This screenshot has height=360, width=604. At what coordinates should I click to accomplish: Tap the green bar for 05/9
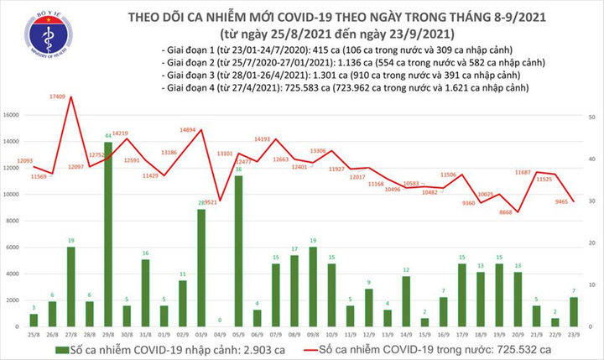pyautogui.click(x=238, y=252)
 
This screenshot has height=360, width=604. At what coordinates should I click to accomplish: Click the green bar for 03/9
pyautogui.click(x=201, y=269)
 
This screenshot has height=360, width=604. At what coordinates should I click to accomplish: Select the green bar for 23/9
pyautogui.click(x=573, y=312)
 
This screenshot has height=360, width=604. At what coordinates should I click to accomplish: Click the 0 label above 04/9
pyautogui.click(x=219, y=320)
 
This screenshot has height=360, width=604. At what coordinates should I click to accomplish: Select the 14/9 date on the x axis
pyautogui.click(x=405, y=333)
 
